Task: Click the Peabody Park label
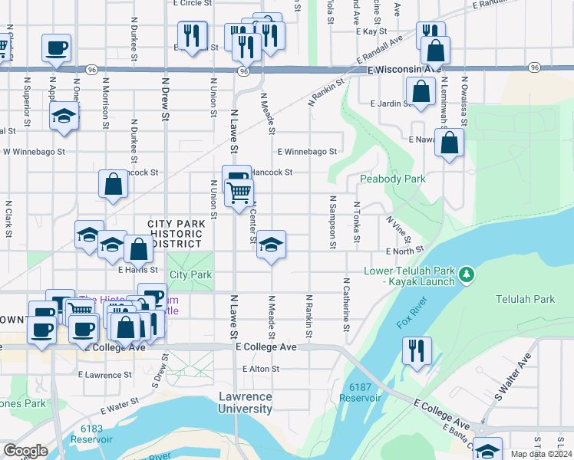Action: click(x=392, y=179)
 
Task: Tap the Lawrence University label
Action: click(x=246, y=402)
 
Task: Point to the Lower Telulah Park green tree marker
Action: click(x=465, y=274)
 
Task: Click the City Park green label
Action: click(x=190, y=274)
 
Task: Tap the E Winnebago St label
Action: click(x=308, y=152)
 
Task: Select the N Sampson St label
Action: click(x=333, y=222)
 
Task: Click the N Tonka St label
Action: click(x=357, y=223)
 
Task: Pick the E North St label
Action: click(x=405, y=251)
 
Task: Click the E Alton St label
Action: click(x=261, y=369)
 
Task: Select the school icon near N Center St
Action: click(x=271, y=245)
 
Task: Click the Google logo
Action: click(x=25, y=450)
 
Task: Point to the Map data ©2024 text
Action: click(x=541, y=454)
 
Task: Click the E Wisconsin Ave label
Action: click(x=404, y=70)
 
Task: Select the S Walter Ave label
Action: click(x=513, y=379)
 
